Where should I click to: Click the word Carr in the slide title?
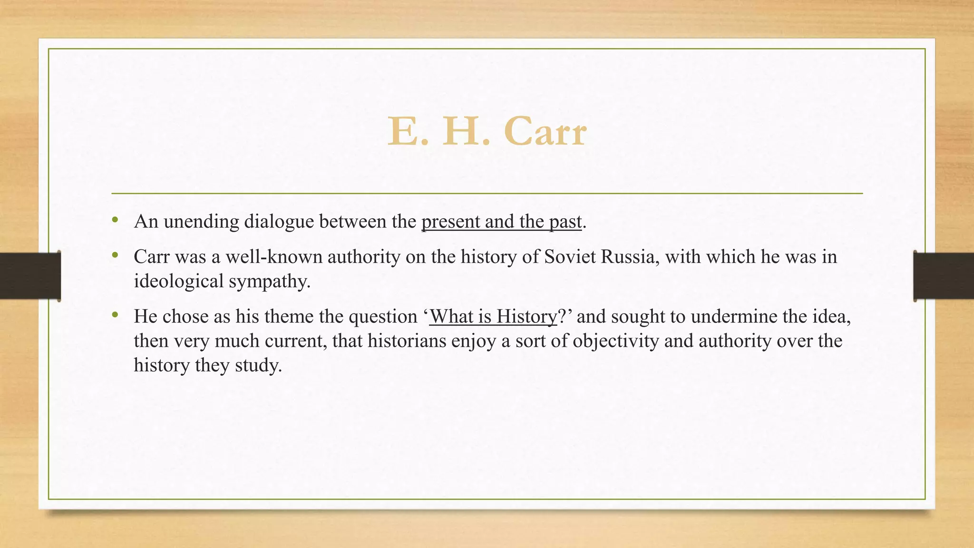click(x=545, y=132)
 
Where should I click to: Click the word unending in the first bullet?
click(x=201, y=222)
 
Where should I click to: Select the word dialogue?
click(x=279, y=222)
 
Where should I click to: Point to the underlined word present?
click(x=450, y=222)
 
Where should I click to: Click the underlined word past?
click(x=565, y=222)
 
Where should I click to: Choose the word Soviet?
click(x=570, y=257)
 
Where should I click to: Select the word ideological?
click(x=179, y=281)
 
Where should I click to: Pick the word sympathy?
click(x=269, y=281)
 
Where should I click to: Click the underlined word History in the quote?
click(x=526, y=317)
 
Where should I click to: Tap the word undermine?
click(x=734, y=317)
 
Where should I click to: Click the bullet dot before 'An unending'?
click(x=115, y=220)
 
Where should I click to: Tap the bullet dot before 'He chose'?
click(x=115, y=315)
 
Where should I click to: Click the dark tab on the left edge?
click(x=30, y=276)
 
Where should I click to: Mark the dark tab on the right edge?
click(x=944, y=276)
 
